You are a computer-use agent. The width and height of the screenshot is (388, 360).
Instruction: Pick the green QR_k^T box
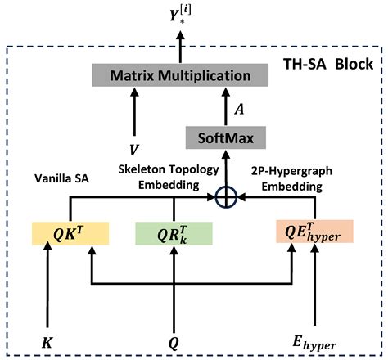click(174, 234)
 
